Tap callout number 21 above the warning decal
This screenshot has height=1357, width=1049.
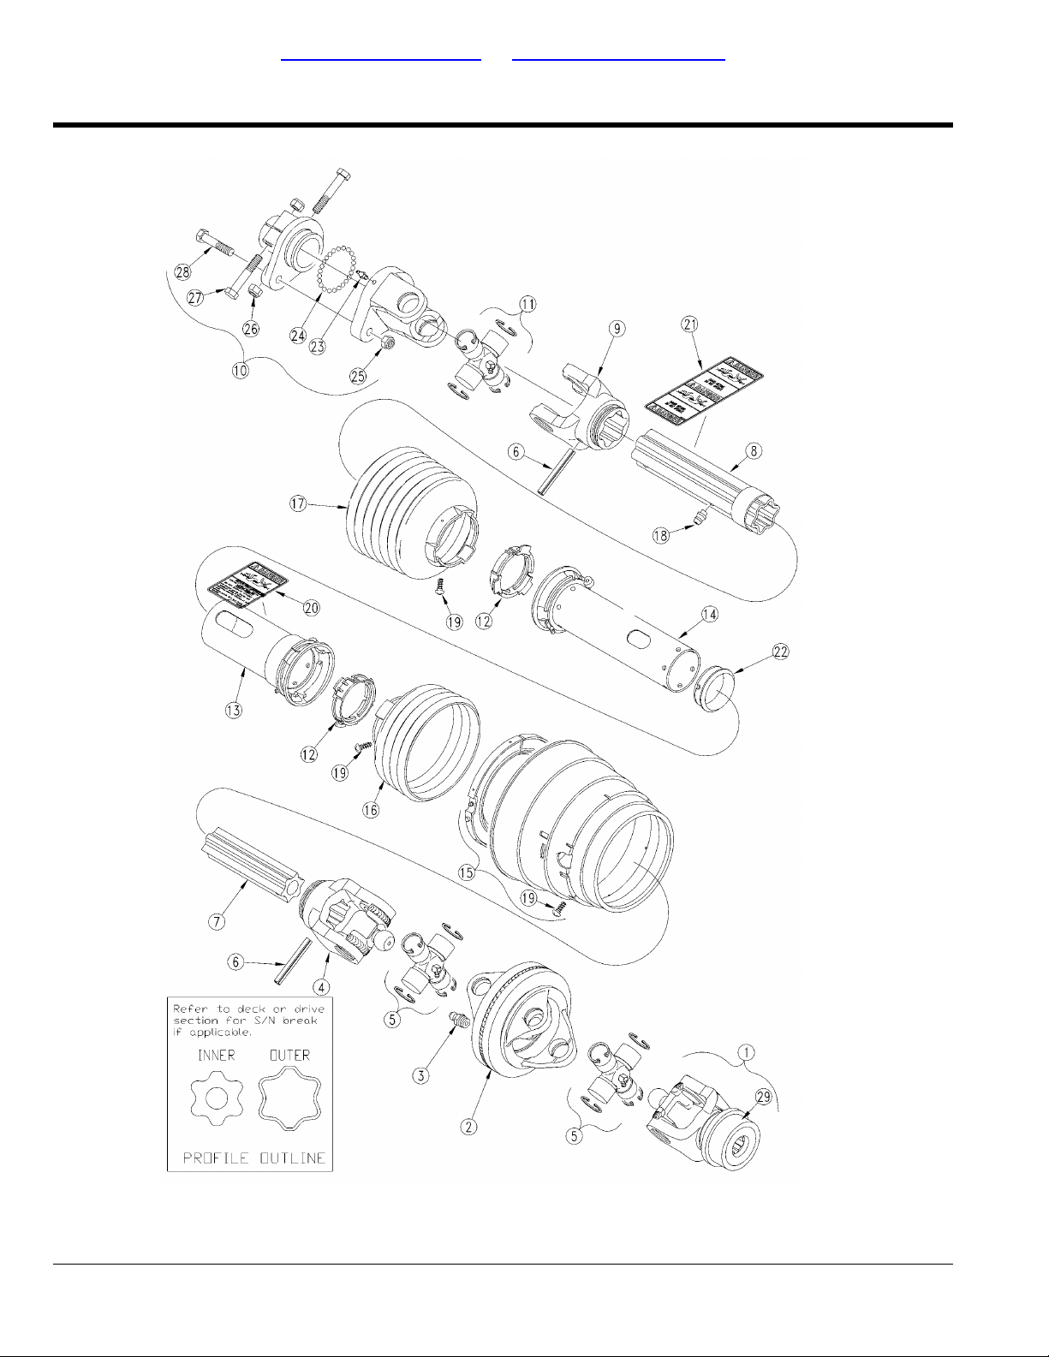[x=689, y=324]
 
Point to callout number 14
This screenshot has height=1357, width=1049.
[x=709, y=614]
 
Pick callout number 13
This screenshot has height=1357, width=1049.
[x=234, y=709]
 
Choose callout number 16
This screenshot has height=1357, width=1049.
[x=371, y=811]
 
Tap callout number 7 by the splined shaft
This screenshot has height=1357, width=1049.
[x=218, y=921]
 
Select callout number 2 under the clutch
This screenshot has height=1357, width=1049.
[x=468, y=1127]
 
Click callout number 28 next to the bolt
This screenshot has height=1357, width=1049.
[x=182, y=272]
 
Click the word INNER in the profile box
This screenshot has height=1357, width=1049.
[x=216, y=1056]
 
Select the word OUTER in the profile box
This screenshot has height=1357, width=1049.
[x=289, y=1056]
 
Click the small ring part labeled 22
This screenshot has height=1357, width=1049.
[x=715, y=687]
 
